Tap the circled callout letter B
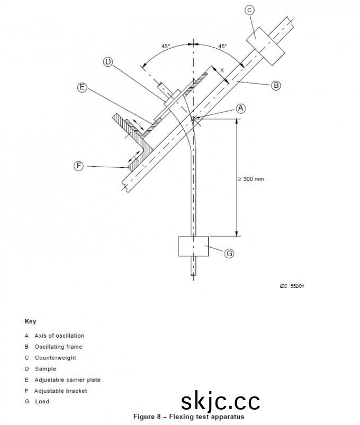[x=276, y=85]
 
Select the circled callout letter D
[x=108, y=62]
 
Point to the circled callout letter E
[x=82, y=88]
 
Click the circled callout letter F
[x=78, y=166]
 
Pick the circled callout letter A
[x=240, y=108]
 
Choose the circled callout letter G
[x=229, y=254]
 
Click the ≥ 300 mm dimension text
[x=251, y=179]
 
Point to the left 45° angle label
[x=166, y=47]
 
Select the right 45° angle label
[x=222, y=47]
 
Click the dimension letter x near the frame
[x=222, y=70]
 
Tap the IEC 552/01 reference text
[x=292, y=286]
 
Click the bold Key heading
[x=30, y=321]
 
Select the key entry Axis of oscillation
[x=59, y=336]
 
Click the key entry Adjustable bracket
[x=61, y=391]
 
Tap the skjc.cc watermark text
[x=220, y=402]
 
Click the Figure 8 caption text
[x=188, y=417]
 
